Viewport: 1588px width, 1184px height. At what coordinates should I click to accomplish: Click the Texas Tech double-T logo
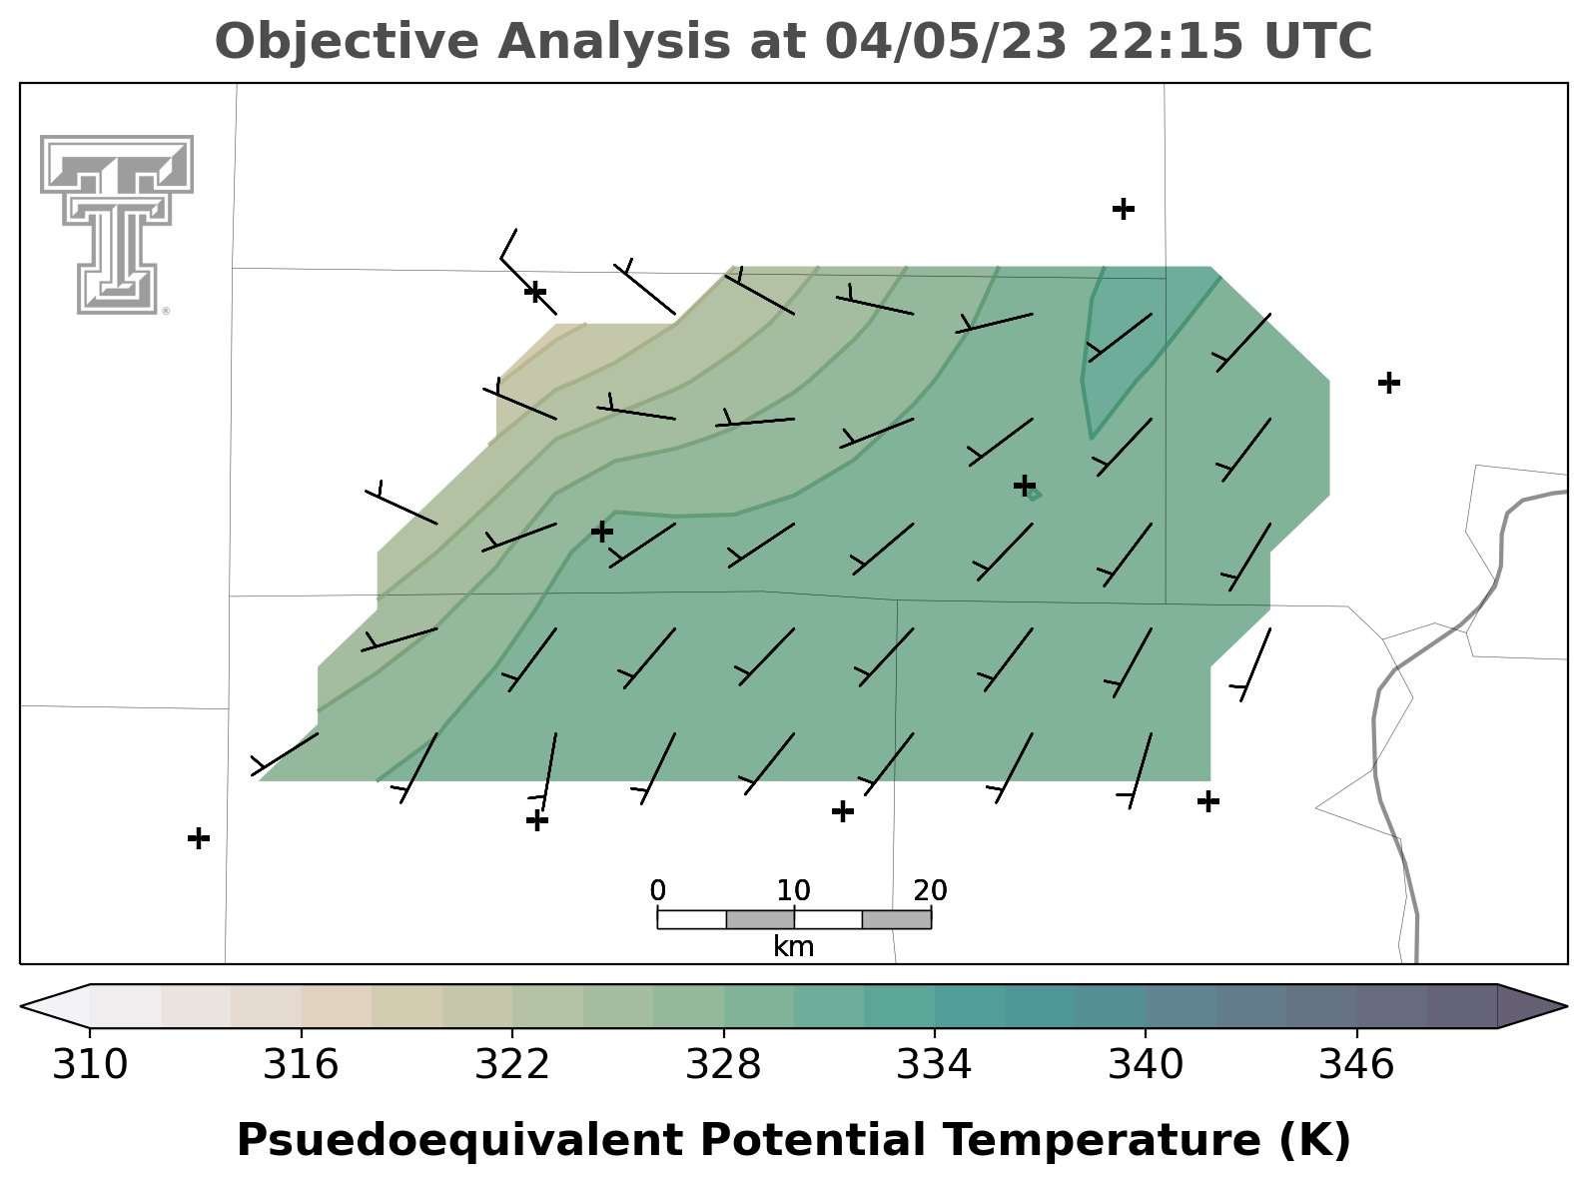pyautogui.click(x=117, y=225)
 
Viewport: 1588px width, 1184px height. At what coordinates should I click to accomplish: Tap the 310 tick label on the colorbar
pyautogui.click(x=90, y=1064)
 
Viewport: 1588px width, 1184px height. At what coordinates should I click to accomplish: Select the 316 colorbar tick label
pyautogui.click(x=301, y=1064)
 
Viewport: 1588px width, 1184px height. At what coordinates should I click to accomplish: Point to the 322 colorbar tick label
pyautogui.click(x=512, y=1064)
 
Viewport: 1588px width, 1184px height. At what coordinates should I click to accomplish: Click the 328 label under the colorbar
pyautogui.click(x=723, y=1064)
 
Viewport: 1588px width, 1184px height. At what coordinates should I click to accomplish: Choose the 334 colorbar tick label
pyautogui.click(x=934, y=1064)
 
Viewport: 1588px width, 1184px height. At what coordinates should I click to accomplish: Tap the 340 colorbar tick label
pyautogui.click(x=1146, y=1064)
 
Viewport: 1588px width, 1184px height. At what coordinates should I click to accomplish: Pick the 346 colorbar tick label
pyautogui.click(x=1356, y=1064)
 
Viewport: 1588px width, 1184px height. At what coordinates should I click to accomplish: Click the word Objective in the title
pyautogui.click(x=347, y=42)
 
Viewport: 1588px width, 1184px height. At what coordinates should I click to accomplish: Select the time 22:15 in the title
pyautogui.click(x=1166, y=41)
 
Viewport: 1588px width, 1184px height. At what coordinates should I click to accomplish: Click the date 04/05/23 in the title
pyautogui.click(x=946, y=41)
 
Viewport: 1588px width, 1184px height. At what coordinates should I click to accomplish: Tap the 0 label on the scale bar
pyautogui.click(x=657, y=890)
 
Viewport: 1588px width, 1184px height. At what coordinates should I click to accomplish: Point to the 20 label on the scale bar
pyautogui.click(x=931, y=890)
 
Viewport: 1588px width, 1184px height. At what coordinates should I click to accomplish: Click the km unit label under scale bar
pyautogui.click(x=794, y=946)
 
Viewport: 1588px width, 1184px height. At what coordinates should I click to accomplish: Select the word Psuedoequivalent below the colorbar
pyautogui.click(x=460, y=1142)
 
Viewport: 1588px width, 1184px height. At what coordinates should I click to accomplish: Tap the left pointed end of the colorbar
pyautogui.click(x=22, y=1006)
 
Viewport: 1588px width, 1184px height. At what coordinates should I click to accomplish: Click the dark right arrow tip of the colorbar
pyautogui.click(x=1566, y=1006)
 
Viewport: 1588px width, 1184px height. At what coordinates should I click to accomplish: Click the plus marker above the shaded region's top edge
pyautogui.click(x=1123, y=209)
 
